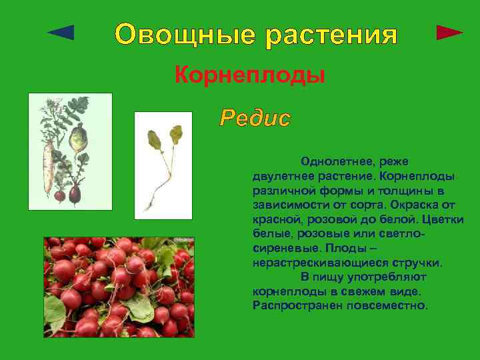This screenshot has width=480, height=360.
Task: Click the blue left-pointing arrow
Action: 62,33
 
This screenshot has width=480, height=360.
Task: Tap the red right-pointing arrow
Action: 449,33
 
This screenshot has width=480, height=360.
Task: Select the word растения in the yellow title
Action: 331,34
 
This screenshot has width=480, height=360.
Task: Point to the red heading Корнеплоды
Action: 249,75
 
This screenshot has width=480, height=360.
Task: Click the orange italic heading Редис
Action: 255,119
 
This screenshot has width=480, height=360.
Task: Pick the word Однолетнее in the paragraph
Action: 335,161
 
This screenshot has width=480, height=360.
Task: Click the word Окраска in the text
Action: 419,205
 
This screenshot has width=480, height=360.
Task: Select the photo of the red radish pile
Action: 119,287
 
